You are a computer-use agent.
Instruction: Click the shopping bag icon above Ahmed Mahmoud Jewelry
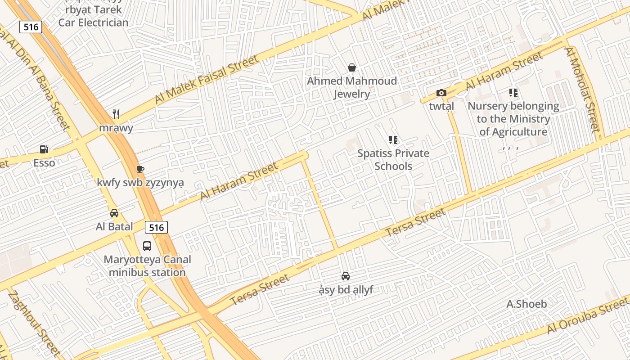[x=352, y=68]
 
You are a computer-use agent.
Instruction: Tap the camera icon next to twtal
[x=441, y=93]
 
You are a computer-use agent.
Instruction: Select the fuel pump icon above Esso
[x=44, y=149]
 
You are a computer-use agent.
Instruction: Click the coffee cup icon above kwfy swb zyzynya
[x=140, y=169]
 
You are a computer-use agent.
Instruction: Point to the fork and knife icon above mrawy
[x=116, y=114]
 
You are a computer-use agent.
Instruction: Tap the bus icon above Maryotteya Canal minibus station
[x=147, y=246]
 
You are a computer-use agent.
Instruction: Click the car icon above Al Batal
[x=114, y=213]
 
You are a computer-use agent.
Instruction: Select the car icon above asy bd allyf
[x=346, y=276]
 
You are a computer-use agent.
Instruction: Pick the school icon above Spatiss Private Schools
[x=393, y=140]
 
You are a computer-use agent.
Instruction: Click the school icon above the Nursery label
[x=513, y=93]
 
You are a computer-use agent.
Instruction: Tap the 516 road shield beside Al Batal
[x=156, y=227]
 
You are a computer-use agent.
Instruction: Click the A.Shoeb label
[x=526, y=304]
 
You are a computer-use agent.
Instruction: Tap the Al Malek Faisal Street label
[x=207, y=79]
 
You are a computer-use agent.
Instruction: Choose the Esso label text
[x=44, y=163]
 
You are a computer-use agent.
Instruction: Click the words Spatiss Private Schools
[x=393, y=160]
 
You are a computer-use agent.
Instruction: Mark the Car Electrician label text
[x=93, y=22]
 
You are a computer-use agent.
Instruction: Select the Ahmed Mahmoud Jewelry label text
[x=352, y=87]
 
